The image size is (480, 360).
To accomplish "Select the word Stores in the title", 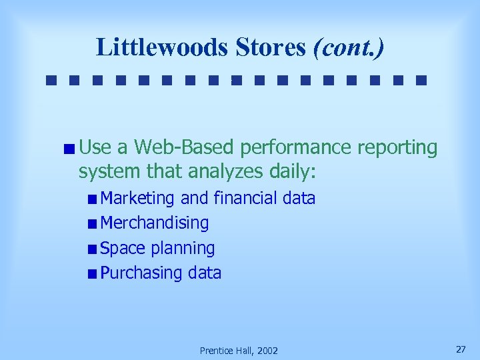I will pyautogui.click(x=269, y=47).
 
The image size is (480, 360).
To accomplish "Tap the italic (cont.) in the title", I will pyautogui.click(x=349, y=47).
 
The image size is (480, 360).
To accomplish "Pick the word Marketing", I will pyautogui.click(x=137, y=198).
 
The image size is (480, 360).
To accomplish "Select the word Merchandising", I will pyautogui.click(x=154, y=223).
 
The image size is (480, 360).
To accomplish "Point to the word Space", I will pyautogui.click(x=123, y=249).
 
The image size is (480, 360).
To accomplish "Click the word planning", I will pyautogui.click(x=183, y=249).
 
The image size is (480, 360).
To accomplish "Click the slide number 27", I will pyautogui.click(x=461, y=349).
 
